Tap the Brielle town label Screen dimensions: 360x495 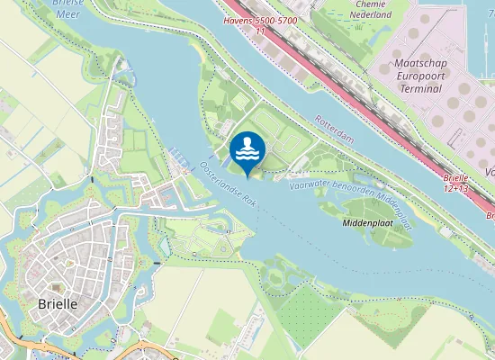[58, 304]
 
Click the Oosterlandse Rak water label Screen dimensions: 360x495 [228, 184]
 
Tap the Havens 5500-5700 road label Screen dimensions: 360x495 [261, 19]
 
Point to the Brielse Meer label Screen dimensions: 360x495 [69, 7]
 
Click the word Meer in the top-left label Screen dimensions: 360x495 [68, 14]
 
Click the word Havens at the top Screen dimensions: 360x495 [238, 19]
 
